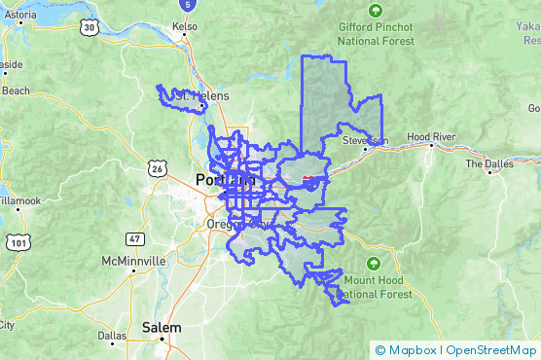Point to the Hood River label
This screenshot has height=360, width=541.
point(431,138)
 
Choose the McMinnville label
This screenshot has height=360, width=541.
point(134,262)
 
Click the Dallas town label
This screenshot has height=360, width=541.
point(112,335)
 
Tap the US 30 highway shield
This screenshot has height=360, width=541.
point(89,28)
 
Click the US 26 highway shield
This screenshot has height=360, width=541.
point(157,169)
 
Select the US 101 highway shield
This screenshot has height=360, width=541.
point(18,241)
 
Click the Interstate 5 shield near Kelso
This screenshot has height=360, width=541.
point(199,5)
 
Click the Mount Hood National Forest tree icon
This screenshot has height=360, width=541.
point(374,263)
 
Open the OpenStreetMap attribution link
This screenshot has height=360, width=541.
point(491,349)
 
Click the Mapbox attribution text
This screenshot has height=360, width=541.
point(411,349)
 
